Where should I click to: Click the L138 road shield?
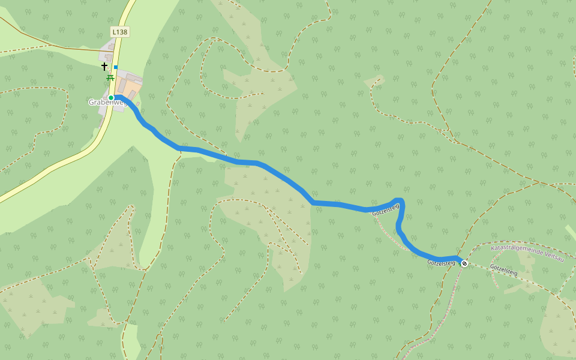click(120, 32)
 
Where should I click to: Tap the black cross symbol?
click(104, 66)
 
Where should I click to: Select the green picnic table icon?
click(110, 77)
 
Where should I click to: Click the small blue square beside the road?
click(116, 67)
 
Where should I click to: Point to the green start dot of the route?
click(111, 98)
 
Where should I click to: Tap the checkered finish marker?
click(464, 263)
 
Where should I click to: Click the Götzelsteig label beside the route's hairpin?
click(385, 210)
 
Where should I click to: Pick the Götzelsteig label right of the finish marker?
click(503, 269)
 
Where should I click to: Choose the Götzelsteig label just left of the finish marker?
click(441, 263)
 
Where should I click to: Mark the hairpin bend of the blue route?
click(400, 202)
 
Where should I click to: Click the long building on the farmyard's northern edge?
click(129, 76)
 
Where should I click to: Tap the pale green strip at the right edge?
click(571, 232)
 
